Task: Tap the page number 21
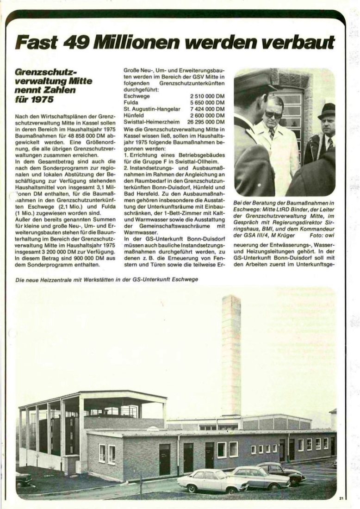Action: [x=341, y=498]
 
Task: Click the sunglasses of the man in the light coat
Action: [x=273, y=114]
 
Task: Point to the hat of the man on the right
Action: [x=327, y=111]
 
